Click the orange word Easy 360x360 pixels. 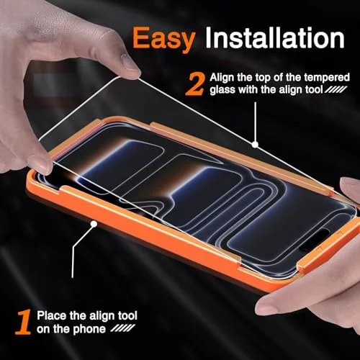[163, 40]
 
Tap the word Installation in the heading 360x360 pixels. [275, 37]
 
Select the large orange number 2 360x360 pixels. [196, 84]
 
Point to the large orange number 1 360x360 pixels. [24, 322]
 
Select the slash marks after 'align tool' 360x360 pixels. [336, 90]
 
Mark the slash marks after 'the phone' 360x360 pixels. [123, 328]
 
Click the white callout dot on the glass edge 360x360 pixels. [255, 145]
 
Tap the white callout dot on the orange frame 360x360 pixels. [94, 224]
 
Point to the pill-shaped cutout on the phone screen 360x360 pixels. [315, 238]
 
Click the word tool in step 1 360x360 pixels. [127, 315]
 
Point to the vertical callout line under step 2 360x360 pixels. [255, 122]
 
